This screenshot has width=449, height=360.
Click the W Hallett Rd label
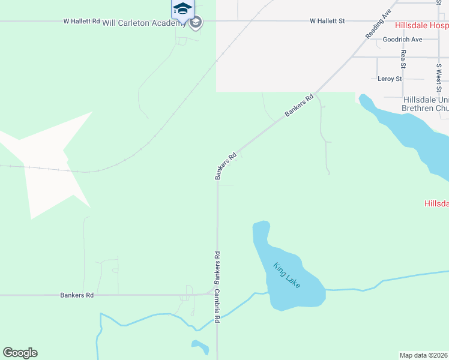[x=82, y=21]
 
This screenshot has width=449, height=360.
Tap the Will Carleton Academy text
[x=143, y=23]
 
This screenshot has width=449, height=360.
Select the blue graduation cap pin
[x=182, y=10]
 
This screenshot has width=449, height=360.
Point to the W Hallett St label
[x=327, y=21]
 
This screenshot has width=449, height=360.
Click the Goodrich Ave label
[x=402, y=40]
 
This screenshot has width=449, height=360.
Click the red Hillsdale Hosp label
[x=421, y=26]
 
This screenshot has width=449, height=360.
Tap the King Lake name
[x=286, y=275]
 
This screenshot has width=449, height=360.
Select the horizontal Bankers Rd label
[x=77, y=295]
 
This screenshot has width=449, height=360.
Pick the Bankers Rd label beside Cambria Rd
[x=218, y=268]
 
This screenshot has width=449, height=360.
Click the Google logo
[x=20, y=353]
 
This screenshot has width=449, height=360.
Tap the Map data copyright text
[x=424, y=355]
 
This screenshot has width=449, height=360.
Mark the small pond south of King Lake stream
[x=200, y=347]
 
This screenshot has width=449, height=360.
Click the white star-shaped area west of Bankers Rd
[x=45, y=162]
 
